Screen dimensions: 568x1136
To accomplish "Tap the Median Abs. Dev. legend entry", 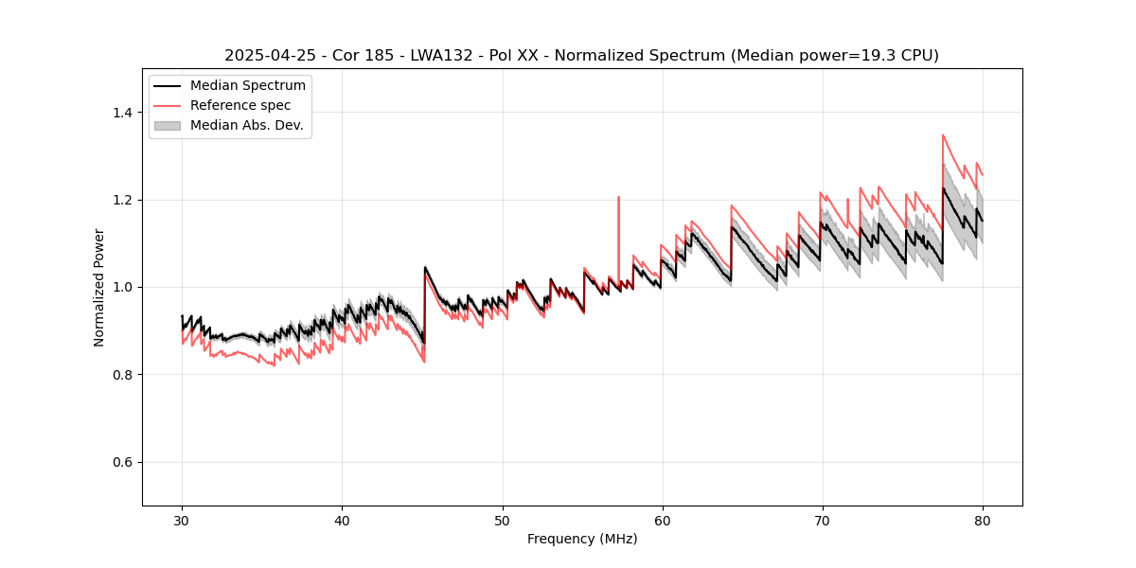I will pyautogui.click(x=246, y=125).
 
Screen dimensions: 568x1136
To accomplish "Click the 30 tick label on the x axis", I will pyautogui.click(x=182, y=520).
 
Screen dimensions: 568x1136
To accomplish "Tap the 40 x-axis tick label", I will pyautogui.click(x=342, y=520).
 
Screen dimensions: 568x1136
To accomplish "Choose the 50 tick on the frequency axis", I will pyautogui.click(x=502, y=520).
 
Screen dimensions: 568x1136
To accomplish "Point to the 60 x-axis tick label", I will pyautogui.click(x=662, y=520).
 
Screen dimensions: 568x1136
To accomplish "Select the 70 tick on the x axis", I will pyautogui.click(x=822, y=520).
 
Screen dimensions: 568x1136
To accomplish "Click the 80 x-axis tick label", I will pyautogui.click(x=982, y=520).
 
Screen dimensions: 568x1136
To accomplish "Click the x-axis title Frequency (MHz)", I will pyautogui.click(x=582, y=539).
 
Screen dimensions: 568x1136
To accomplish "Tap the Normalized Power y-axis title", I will pyautogui.click(x=99, y=287).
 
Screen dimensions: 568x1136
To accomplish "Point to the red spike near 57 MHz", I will pyautogui.click(x=618, y=198).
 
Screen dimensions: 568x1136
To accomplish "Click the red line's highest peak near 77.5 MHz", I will pyautogui.click(x=943, y=134).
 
